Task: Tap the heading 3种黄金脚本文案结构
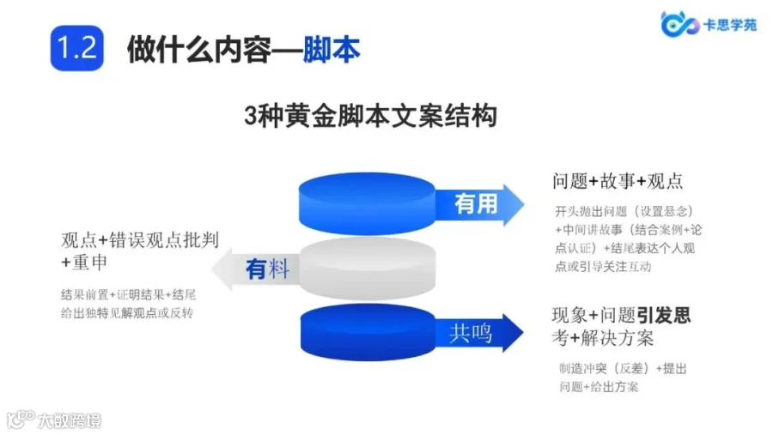[371, 116]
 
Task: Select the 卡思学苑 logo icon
[678, 25]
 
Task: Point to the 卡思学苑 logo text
[731, 26]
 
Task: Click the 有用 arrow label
[478, 203]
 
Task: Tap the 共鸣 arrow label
[472, 332]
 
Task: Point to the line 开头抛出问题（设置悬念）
[624, 211]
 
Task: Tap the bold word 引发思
[664, 315]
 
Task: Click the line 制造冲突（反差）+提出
[623, 369]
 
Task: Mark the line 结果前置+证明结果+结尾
[129, 294]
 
